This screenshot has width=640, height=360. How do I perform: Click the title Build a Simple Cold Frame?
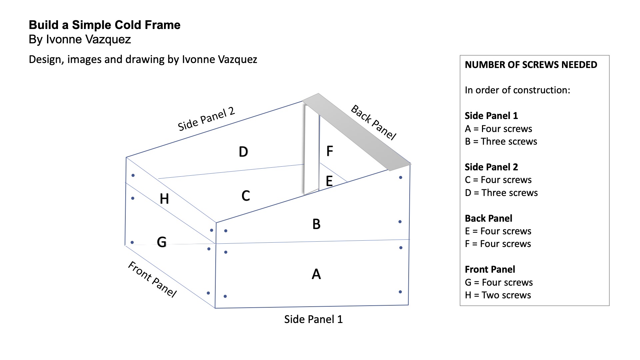[104, 25]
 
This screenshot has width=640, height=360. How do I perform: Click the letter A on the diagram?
[316, 274]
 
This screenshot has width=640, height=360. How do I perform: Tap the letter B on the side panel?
[316, 224]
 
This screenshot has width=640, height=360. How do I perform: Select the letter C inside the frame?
[246, 196]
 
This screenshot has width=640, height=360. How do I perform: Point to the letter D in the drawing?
[243, 152]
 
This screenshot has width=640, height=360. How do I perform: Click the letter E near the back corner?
[329, 181]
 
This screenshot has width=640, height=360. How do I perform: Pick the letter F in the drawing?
[329, 151]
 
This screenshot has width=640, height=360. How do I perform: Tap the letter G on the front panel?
[162, 242]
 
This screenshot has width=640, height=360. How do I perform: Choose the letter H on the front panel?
[164, 199]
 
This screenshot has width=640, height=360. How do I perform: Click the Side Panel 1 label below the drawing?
[313, 319]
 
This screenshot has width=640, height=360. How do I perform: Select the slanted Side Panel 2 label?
[206, 119]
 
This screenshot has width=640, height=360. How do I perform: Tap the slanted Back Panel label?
[373, 122]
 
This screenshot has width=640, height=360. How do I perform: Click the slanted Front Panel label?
[152, 279]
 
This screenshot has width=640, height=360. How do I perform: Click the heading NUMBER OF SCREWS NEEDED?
[531, 65]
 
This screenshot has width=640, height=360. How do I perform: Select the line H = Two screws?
[498, 295]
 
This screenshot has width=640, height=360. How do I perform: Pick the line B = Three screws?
[501, 141]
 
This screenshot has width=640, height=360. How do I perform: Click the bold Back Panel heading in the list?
[488, 218]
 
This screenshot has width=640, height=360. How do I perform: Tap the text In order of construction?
[517, 90]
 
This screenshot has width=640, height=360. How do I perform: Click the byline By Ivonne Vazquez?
[80, 39]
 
